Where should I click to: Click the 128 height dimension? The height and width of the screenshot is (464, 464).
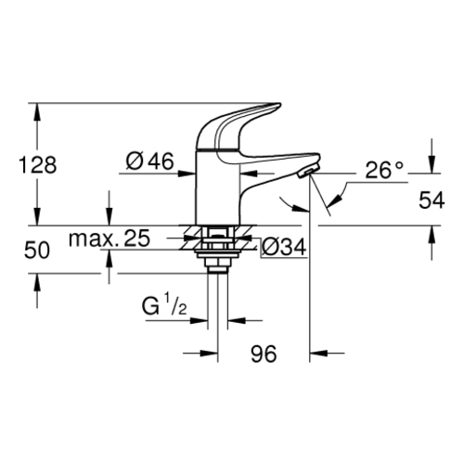click(38, 165)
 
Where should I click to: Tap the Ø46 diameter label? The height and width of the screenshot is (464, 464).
click(150, 161)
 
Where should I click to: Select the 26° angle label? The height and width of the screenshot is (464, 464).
click(384, 170)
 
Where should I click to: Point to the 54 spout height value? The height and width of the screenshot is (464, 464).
click(432, 200)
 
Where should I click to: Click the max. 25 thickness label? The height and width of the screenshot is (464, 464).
click(110, 238)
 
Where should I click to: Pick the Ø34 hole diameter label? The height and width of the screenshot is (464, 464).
click(284, 247)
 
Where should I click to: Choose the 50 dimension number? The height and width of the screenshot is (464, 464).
click(37, 250)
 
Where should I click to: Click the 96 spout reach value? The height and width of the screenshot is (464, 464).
click(264, 354)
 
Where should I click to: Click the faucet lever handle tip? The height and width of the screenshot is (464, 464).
click(278, 105)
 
